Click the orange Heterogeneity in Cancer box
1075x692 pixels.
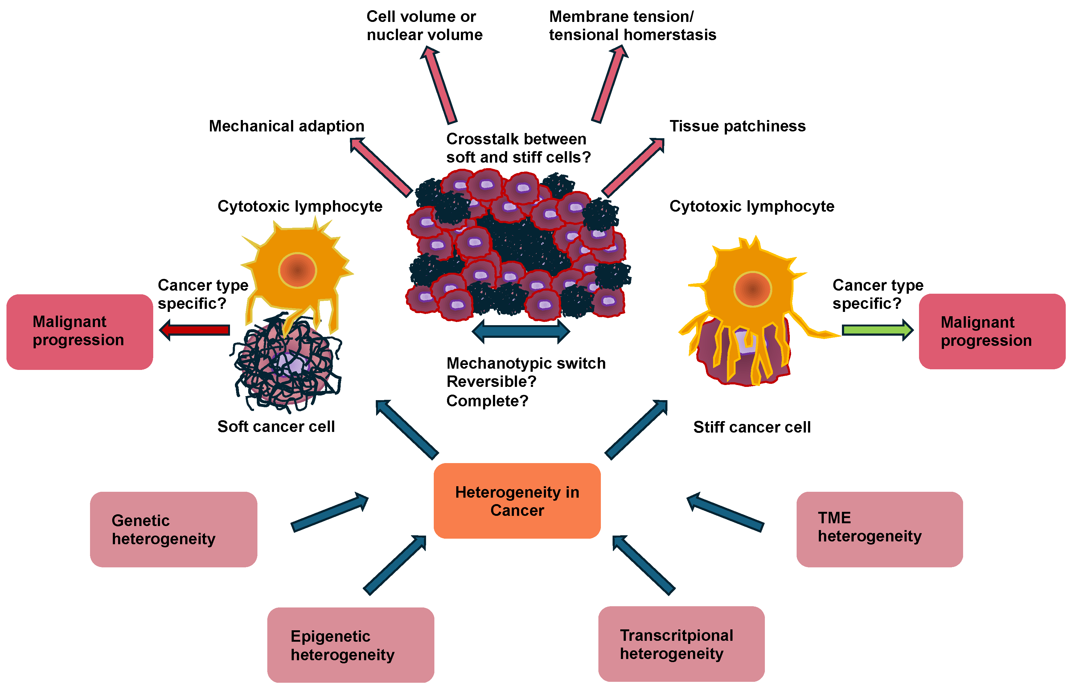click(517, 501)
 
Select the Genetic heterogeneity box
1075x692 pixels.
click(173, 529)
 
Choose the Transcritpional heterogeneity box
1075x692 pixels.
click(681, 644)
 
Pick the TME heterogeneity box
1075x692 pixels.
click(880, 529)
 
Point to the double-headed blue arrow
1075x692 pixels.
click(521, 332)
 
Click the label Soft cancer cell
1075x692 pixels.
click(276, 426)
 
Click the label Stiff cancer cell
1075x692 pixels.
click(752, 427)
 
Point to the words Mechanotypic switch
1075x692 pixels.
click(526, 363)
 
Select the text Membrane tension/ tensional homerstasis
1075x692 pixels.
click(633, 26)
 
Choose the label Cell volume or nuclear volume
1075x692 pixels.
click(424, 26)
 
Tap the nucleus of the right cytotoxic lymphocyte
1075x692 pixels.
click(753, 289)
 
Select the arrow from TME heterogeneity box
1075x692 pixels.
click(725, 512)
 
